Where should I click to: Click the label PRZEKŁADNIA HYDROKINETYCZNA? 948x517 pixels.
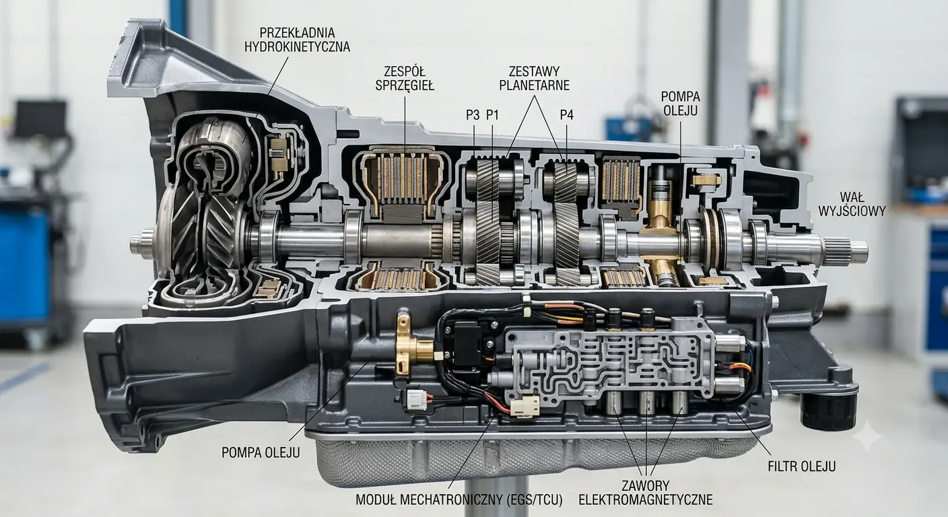(x=297, y=39)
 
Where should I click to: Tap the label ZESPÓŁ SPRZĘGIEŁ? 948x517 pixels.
(x=405, y=78)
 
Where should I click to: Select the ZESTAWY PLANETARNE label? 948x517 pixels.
(x=534, y=78)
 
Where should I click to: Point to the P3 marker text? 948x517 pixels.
(x=473, y=114)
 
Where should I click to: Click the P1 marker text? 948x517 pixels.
(x=492, y=114)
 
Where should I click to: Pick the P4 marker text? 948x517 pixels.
(x=567, y=114)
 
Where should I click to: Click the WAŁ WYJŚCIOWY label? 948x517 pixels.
(x=852, y=204)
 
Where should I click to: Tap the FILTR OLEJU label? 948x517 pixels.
(x=802, y=467)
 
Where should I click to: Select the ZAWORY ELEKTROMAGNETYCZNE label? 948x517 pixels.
(x=646, y=492)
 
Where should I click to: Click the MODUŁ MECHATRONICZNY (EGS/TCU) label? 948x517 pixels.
(x=459, y=499)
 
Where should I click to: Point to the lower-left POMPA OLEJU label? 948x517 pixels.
(x=261, y=452)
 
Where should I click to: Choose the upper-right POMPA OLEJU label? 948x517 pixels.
(x=681, y=103)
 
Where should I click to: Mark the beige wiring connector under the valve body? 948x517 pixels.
(x=524, y=407)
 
